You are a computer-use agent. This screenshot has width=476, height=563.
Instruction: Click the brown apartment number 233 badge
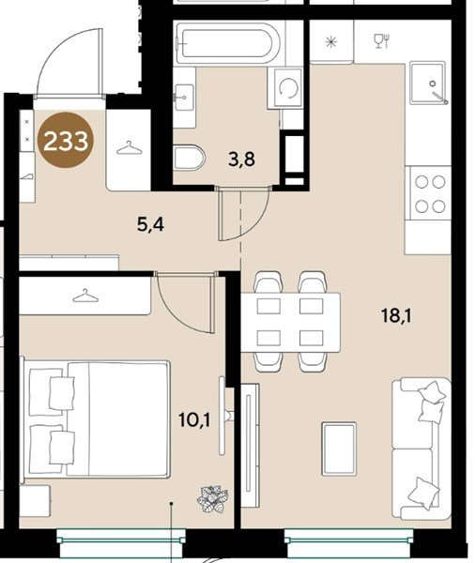pyautogui.click(x=66, y=140)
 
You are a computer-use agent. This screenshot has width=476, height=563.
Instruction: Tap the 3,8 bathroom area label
pyautogui.click(x=242, y=160)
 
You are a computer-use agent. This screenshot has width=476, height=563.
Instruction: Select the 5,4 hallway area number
pyautogui.click(x=150, y=224)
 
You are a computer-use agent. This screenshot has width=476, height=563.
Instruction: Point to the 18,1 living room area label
pyautogui.click(x=396, y=316)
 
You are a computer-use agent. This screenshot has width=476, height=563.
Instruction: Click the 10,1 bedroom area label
pyautogui.click(x=194, y=419)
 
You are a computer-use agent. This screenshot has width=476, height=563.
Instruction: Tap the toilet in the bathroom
pyautogui.click(x=189, y=158)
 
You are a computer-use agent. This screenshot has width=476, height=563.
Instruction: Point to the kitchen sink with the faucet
pyautogui.click(x=428, y=84)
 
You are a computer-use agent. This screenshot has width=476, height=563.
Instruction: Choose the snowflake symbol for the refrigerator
pyautogui.click(x=330, y=42)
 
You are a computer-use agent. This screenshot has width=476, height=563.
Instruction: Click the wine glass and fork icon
pyautogui.click(x=382, y=41)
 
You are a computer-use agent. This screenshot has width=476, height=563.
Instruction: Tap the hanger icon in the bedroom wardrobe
pyautogui.click(x=85, y=296)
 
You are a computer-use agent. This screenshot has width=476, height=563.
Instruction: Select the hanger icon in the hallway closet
pyautogui.click(x=129, y=148)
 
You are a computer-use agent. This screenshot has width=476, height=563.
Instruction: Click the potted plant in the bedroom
pyautogui.click(x=212, y=498)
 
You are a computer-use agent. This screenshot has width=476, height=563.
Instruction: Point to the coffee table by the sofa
pyautogui.click(x=339, y=449)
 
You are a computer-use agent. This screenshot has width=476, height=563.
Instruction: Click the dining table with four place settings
pyautogui.click(x=291, y=323)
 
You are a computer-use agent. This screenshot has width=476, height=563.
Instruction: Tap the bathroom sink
pyautogui.click(x=184, y=97)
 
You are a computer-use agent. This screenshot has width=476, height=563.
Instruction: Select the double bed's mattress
pyautogui.click(x=118, y=419)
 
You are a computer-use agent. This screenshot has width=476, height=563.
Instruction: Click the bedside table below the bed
pyautogui.click(x=35, y=501)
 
